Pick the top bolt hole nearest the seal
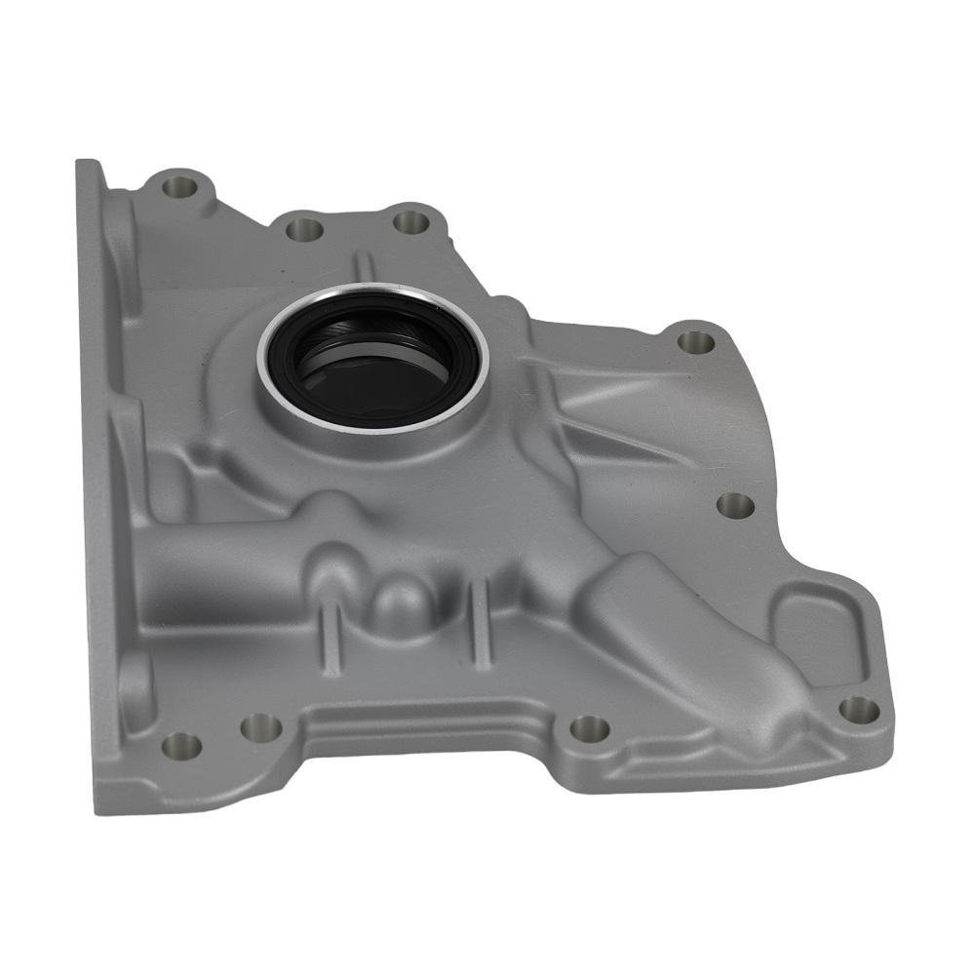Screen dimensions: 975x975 tap(410, 220)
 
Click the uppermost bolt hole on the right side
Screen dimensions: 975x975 tap(695, 341)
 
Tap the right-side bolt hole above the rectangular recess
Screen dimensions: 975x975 tap(735, 505)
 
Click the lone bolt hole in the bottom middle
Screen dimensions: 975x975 tap(588, 727)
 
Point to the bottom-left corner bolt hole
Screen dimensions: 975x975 tap(181, 746)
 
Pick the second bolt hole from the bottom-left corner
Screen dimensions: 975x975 tap(259, 725)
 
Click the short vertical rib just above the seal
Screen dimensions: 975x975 tap(363, 265)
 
